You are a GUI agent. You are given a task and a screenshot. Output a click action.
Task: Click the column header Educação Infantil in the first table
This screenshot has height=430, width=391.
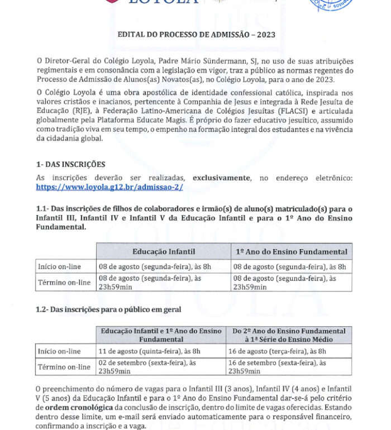click(x=163, y=252)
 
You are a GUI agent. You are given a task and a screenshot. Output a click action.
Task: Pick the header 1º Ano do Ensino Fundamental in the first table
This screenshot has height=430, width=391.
click(x=291, y=252)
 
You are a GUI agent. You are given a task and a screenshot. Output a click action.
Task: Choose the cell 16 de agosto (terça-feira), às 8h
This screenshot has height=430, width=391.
click(x=277, y=351)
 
